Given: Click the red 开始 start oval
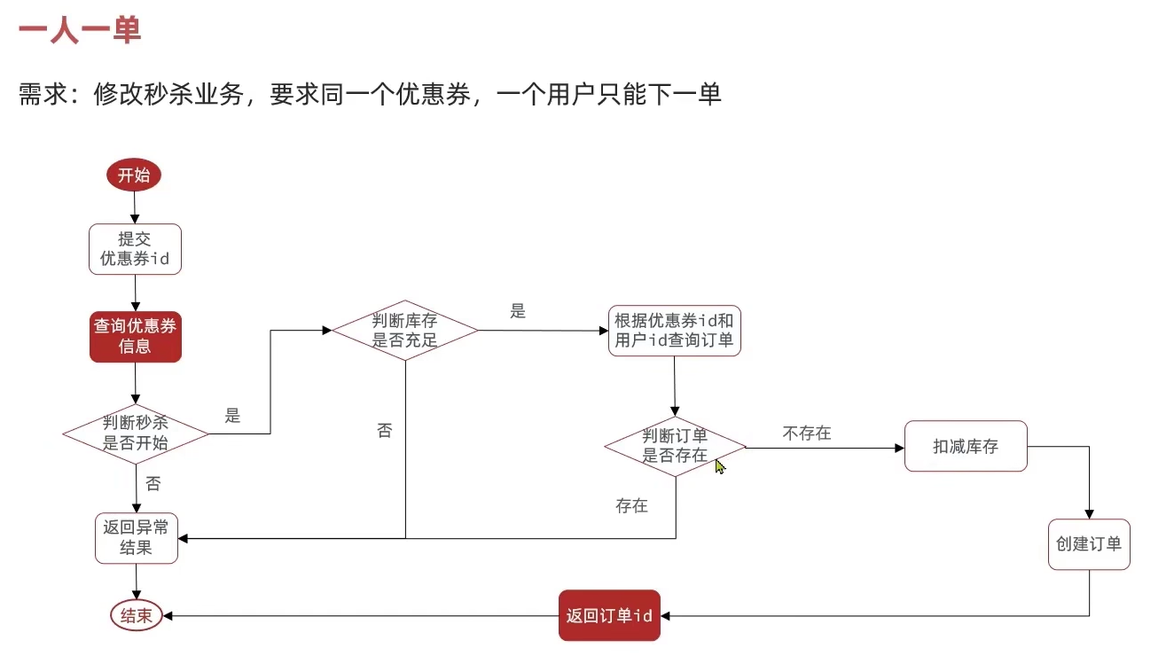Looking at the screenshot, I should point(134,176).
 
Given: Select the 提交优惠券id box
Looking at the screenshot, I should point(135,249).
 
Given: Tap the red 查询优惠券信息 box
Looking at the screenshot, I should point(135,337).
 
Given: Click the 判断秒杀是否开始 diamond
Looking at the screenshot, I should point(135,433).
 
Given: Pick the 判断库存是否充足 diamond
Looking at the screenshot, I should point(405,330).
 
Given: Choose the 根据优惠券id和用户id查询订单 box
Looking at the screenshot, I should point(675,331).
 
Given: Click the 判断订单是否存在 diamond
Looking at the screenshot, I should point(675,446).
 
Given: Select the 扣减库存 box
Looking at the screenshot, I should point(965,446).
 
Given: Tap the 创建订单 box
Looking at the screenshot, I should point(1089,544).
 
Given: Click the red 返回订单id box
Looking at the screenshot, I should point(609,615).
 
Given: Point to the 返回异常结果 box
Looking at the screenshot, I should point(137,537).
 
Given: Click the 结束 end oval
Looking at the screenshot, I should point(137,615).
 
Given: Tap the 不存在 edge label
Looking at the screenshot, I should point(807,433).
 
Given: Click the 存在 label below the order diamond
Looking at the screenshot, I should point(632,506).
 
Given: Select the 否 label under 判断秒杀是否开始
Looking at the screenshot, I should point(153,484).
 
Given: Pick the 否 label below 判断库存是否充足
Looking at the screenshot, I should point(385,431).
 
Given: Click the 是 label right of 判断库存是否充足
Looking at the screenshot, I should point(518,311).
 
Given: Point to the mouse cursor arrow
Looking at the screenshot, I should point(720,465).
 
